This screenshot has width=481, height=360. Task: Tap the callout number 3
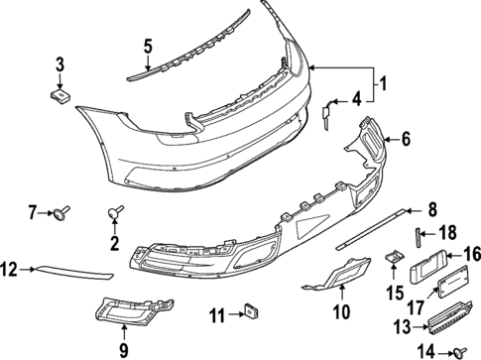[60, 66]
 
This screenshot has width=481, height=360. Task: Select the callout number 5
[147, 46]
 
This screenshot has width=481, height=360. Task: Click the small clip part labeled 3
[59, 94]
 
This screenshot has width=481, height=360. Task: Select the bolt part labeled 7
[64, 210]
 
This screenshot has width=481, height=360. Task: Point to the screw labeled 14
[460, 350]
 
